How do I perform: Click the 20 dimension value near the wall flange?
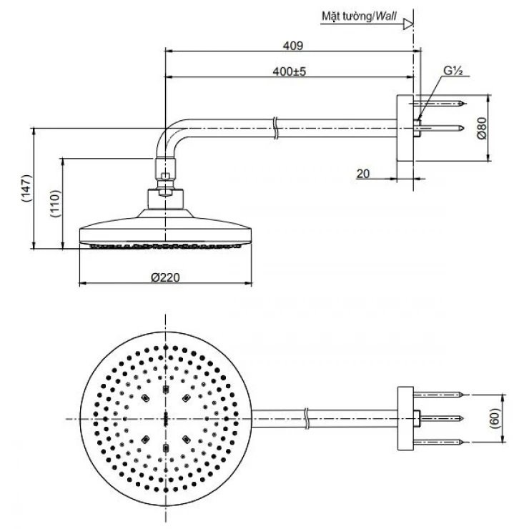362,173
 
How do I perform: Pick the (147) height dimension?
25,189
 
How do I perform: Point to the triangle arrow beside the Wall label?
408,24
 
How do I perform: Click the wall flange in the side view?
405,129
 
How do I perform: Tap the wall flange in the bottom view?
405,417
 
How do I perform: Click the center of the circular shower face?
166,417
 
